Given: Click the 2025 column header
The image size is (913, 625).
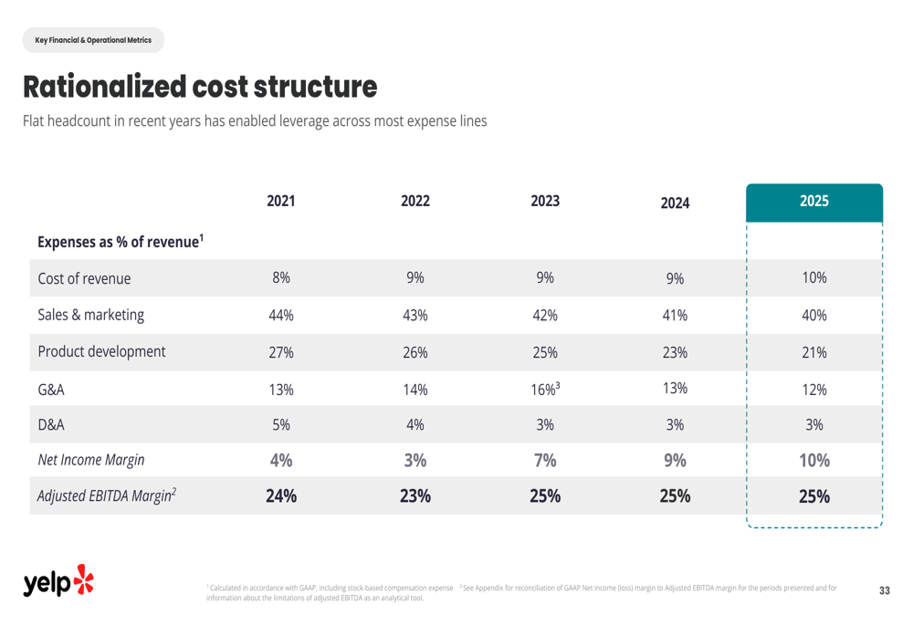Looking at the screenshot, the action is (814, 202).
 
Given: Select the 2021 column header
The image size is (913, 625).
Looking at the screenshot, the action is (280, 202).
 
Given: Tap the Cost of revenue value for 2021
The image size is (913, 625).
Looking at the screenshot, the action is (280, 277).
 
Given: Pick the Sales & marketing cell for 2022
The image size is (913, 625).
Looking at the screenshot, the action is (415, 316).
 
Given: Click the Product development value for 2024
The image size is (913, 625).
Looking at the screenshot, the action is (675, 353).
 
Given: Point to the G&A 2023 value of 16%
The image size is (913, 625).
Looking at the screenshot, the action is (545, 389).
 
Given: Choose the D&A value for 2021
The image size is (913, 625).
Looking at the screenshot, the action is (280, 425).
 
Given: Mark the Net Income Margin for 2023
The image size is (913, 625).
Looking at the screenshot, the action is (545, 461).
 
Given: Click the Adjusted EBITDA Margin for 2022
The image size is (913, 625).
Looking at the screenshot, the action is (415, 495).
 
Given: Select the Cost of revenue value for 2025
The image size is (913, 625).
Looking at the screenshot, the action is (814, 277).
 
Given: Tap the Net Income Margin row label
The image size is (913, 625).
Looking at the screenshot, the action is (90, 460).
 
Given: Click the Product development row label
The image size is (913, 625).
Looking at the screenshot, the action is (101, 351).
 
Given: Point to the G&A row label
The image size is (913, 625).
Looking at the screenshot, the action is (51, 390).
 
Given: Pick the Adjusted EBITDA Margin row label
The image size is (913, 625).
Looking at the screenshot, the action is (107, 495).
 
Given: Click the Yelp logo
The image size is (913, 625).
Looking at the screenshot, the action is (58, 581).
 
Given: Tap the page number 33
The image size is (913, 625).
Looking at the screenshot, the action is (885, 590).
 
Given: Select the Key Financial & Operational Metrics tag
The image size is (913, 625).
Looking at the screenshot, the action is (93, 40).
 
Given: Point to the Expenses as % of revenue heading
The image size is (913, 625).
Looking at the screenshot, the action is (121, 242).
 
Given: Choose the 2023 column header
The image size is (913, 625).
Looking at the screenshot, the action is (545, 202).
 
